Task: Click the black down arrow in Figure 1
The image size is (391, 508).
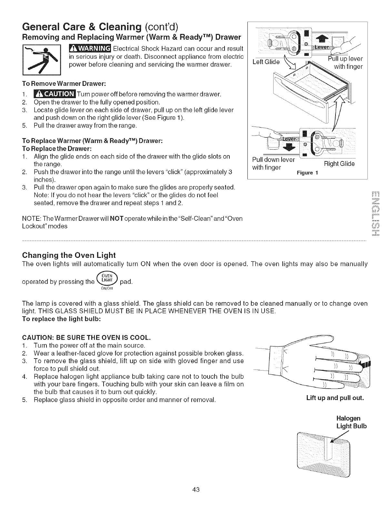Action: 289,147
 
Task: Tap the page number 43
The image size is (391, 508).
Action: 195,489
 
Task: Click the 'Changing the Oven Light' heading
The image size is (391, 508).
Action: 69,255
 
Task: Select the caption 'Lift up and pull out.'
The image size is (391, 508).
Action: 335,398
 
